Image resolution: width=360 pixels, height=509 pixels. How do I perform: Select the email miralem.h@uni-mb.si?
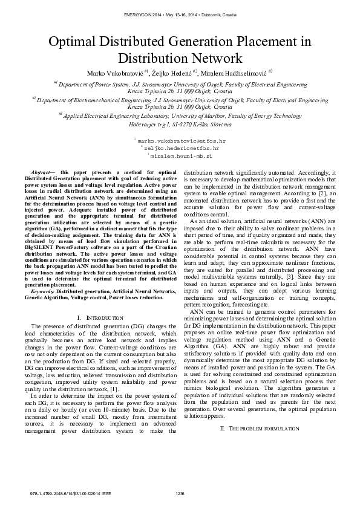coord(180,155)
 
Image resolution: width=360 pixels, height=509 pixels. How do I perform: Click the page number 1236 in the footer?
coord(180,494)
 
